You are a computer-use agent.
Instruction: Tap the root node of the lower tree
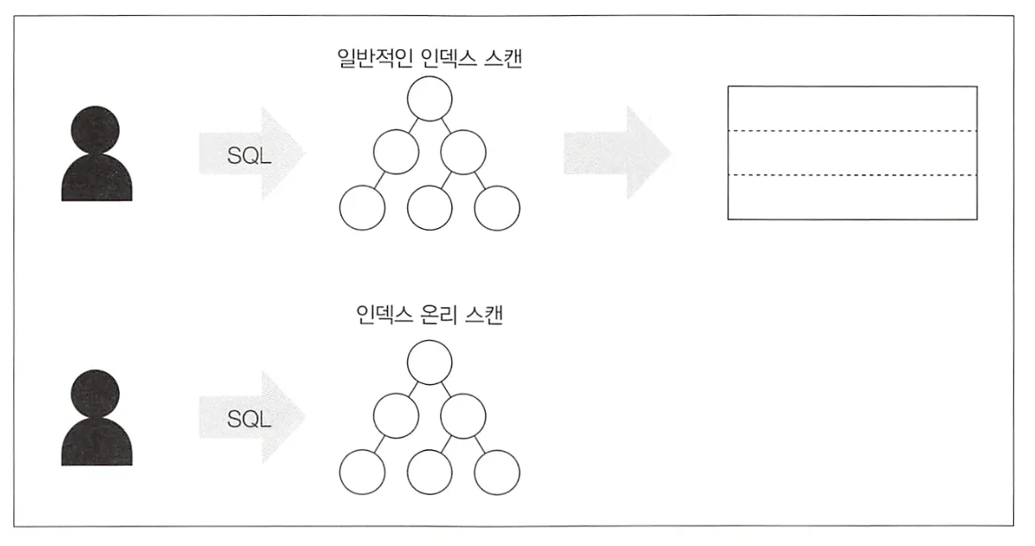(x=430, y=360)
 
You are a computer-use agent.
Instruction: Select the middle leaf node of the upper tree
(x=430, y=208)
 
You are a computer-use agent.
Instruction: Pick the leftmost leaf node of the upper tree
(x=362, y=208)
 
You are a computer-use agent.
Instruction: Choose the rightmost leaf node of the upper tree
(x=497, y=208)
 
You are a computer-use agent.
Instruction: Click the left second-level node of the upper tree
(x=396, y=151)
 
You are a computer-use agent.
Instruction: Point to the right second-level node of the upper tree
(x=464, y=151)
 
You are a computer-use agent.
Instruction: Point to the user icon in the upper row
(x=97, y=155)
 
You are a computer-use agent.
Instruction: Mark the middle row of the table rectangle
(x=852, y=153)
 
